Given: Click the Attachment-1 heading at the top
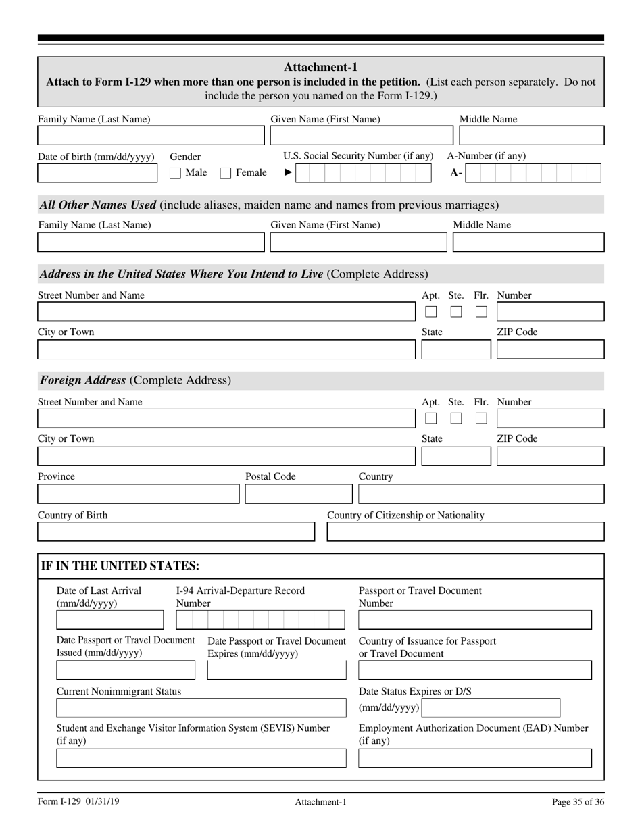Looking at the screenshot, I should coord(320,67).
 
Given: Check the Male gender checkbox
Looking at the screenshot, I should coord(175,173).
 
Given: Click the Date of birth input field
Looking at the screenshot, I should coord(99,174).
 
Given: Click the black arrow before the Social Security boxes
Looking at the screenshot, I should coord(287,173).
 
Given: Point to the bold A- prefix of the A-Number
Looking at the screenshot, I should coord(456,174).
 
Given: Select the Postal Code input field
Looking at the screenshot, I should coord(298,494).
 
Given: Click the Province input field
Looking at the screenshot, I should coord(138,494).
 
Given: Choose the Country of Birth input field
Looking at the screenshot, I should coord(176,532).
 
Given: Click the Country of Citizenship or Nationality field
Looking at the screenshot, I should coord(465,532).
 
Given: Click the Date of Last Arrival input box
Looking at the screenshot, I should coord(109,620).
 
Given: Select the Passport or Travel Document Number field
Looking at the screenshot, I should coord(474,620).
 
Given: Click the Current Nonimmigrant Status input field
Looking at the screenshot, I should coord(201,707).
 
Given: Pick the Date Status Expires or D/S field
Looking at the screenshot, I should coord(491,707).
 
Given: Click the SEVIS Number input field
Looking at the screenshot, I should coord(201,758).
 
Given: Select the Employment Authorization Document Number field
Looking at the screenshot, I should coord(474,758).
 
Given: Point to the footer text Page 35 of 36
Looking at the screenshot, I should coord(578,802).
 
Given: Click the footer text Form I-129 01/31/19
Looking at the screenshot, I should coord(79,802).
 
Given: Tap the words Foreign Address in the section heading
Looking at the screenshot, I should coord(82,380).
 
